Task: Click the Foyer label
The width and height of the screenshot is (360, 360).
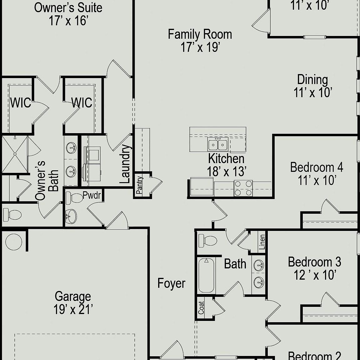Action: click(x=171, y=283)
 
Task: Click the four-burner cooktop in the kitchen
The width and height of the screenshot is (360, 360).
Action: click(x=243, y=188)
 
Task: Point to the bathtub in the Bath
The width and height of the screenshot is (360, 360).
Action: click(x=206, y=275)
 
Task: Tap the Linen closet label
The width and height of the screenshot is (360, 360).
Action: click(x=262, y=242)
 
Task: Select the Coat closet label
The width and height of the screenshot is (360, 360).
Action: click(x=201, y=308)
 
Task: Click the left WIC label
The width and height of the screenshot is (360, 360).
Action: click(x=21, y=103)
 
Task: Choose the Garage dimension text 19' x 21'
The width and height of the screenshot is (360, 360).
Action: click(x=73, y=310)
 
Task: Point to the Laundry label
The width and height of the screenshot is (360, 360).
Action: click(x=125, y=164)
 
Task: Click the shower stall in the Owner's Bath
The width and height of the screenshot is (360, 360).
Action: click(x=14, y=154)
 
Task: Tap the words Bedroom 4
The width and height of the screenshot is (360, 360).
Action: click(x=317, y=167)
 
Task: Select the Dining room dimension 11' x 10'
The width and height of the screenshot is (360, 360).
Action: click(x=312, y=92)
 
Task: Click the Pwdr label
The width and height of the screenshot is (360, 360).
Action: click(x=92, y=196)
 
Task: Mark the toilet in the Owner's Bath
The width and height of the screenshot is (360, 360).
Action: click(x=12, y=215)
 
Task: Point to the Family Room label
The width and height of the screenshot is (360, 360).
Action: click(x=200, y=34)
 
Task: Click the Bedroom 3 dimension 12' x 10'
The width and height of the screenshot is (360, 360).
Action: click(x=315, y=275)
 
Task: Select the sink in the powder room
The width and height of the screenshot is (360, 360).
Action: click(x=72, y=216)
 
